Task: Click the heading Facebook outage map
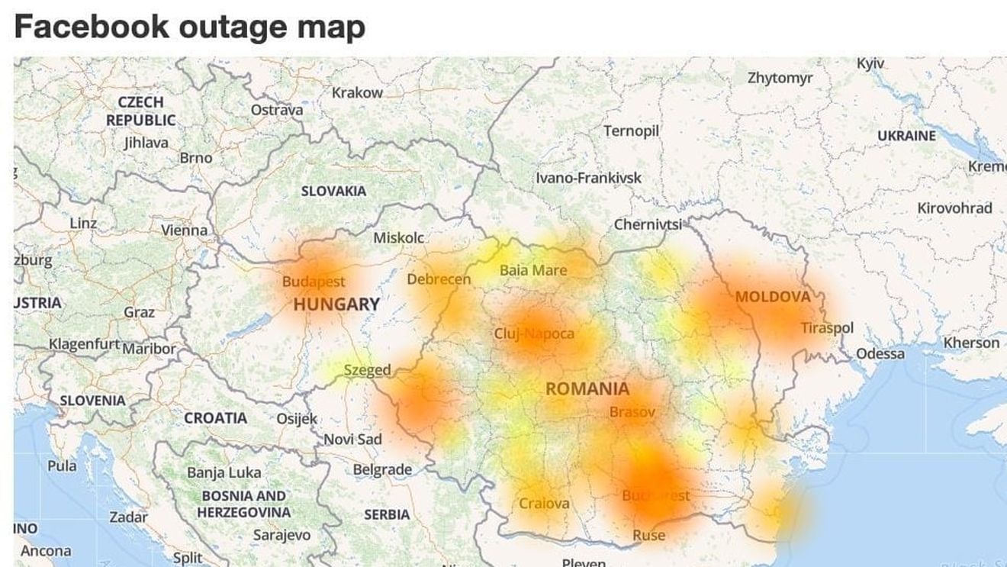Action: (x=189, y=26)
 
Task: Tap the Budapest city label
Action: (x=314, y=282)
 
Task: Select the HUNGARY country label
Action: (x=336, y=304)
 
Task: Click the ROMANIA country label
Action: (x=587, y=388)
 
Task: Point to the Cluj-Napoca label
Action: (x=534, y=333)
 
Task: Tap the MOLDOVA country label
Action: (x=773, y=296)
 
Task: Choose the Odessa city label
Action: (x=880, y=353)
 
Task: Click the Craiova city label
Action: (x=544, y=503)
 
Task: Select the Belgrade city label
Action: (x=382, y=469)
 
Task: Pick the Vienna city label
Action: (x=184, y=229)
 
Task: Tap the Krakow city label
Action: (x=357, y=92)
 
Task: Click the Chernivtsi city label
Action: (x=648, y=224)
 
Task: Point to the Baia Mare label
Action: (x=533, y=270)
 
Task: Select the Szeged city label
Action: (x=367, y=370)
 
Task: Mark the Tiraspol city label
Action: (x=827, y=327)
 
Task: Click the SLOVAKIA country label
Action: (x=333, y=191)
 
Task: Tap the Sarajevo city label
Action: (x=282, y=535)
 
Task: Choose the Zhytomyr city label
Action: (x=780, y=77)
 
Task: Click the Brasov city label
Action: (x=632, y=411)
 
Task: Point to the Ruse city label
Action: (x=648, y=535)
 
